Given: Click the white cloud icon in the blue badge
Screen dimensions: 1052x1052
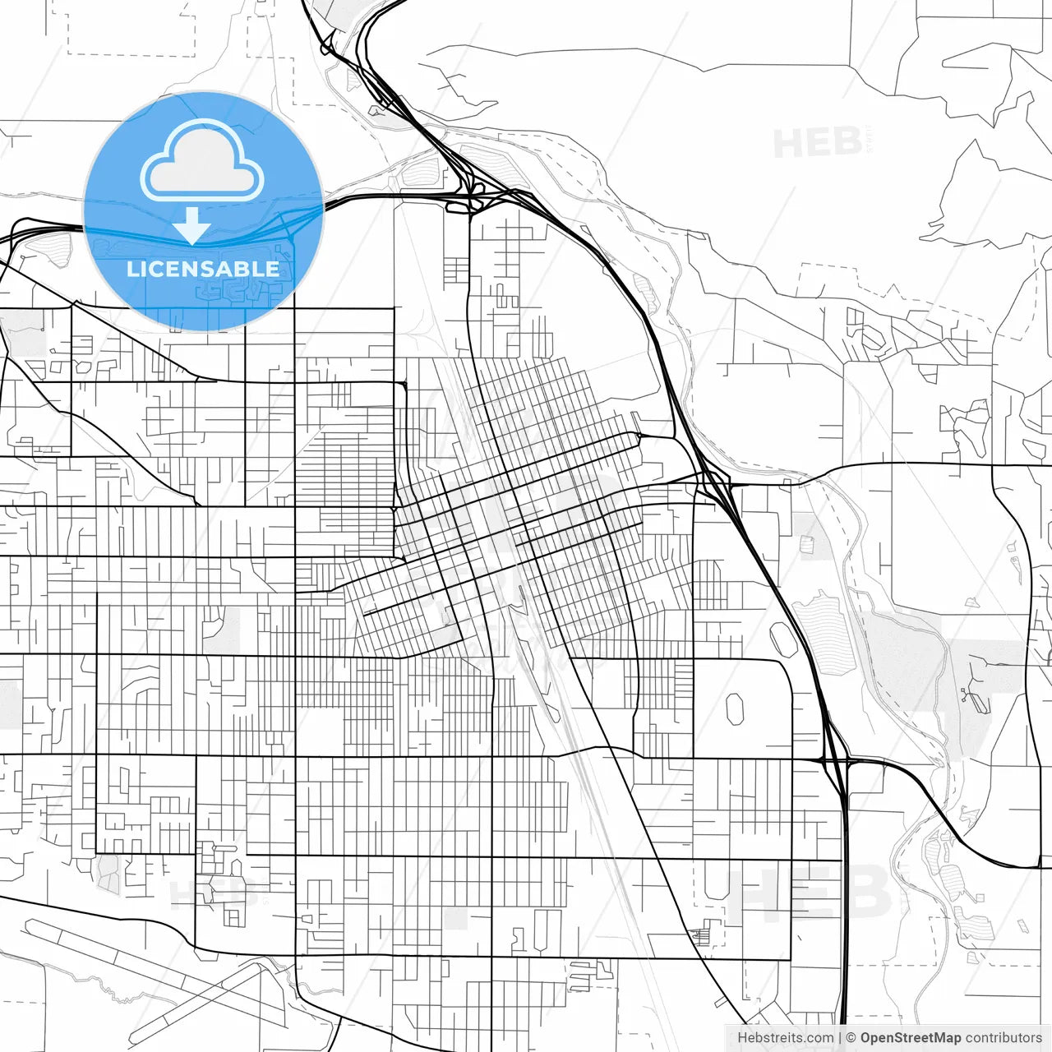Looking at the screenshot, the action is [x=202, y=159].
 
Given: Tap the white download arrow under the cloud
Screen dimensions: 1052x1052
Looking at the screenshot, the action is [x=191, y=225].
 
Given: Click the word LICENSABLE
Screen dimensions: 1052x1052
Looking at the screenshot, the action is [x=203, y=269].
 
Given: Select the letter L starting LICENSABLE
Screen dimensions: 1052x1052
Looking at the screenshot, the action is [x=131, y=269].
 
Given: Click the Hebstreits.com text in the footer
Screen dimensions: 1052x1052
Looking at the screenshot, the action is [x=785, y=1038].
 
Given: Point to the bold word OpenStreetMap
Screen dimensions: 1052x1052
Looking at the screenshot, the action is [x=910, y=1038].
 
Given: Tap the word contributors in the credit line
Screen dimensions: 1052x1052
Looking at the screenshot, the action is [x=1003, y=1038].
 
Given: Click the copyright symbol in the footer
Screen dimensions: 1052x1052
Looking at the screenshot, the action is [x=851, y=1038].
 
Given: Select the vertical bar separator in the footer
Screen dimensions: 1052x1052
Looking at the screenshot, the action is [x=839, y=1038].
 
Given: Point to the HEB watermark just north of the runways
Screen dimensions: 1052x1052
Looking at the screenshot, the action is [x=205, y=892].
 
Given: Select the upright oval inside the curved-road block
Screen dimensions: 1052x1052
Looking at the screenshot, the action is [x=735, y=708].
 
